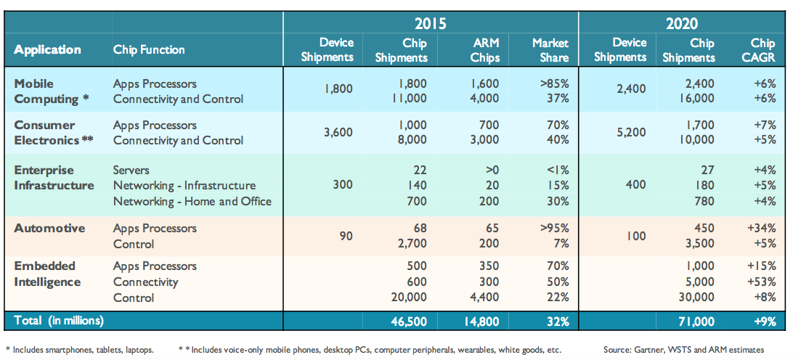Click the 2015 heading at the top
click(430, 22)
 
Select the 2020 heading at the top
click(681, 22)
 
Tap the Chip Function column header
click(149, 50)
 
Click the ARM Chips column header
click(485, 49)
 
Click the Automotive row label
click(49, 228)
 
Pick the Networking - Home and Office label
click(192, 201)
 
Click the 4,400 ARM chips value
click(484, 298)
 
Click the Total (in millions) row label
click(59, 321)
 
